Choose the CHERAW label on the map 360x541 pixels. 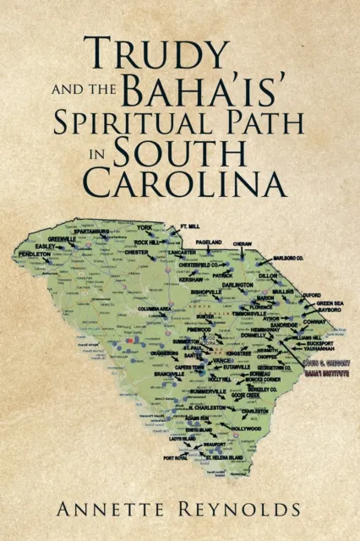pos(243,242)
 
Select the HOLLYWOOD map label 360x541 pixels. pos(245,429)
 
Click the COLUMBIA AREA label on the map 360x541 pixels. pos(155,309)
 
